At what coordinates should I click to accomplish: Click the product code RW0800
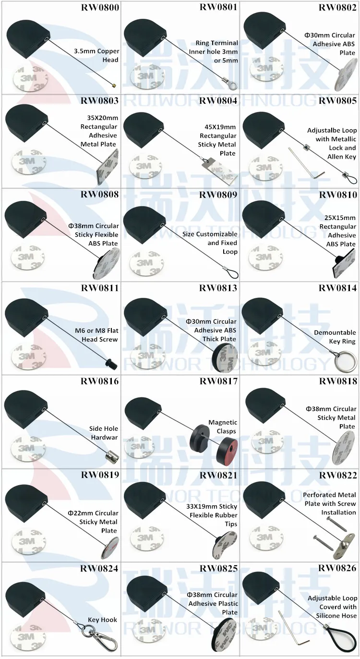(x=100, y=7)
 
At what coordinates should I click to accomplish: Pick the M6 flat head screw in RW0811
(x=111, y=364)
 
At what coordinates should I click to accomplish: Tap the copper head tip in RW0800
(x=114, y=85)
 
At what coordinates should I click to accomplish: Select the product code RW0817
(x=218, y=381)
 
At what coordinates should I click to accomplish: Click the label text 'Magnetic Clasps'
(x=222, y=427)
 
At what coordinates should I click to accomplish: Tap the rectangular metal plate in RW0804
(x=219, y=172)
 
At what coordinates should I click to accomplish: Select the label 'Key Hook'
(x=102, y=620)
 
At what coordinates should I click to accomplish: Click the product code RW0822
(x=337, y=475)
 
